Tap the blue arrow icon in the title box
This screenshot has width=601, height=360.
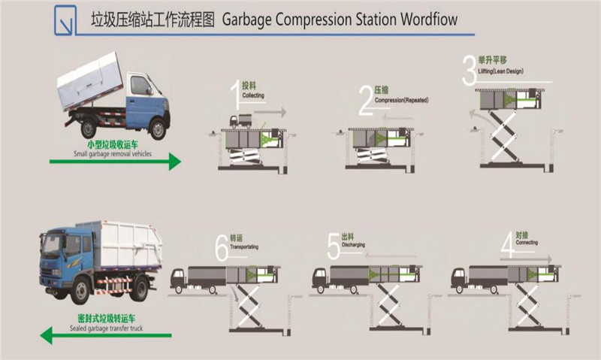(x=66, y=21)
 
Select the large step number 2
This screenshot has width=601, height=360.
(x=367, y=100)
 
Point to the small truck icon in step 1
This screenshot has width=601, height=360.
(x=240, y=121)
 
